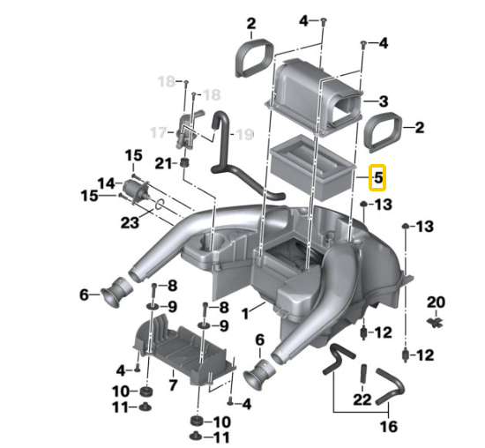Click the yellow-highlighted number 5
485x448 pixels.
(x=378, y=178)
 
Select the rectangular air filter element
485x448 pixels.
(x=312, y=167)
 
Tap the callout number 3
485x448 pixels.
(x=384, y=101)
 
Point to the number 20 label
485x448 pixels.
(x=436, y=302)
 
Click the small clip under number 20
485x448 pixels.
(x=436, y=322)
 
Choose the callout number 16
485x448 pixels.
(x=389, y=427)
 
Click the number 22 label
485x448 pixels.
(x=362, y=399)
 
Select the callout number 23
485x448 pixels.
(x=130, y=222)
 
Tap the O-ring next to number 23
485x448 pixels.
(x=160, y=204)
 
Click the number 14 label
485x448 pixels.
(x=106, y=183)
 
